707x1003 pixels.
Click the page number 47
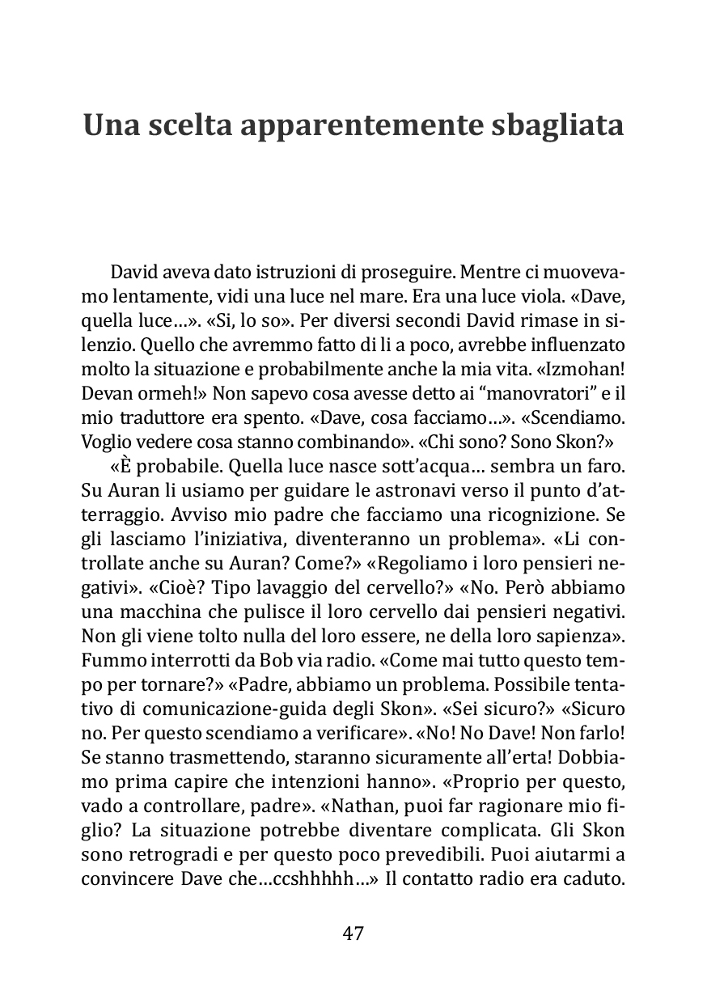[353, 933]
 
